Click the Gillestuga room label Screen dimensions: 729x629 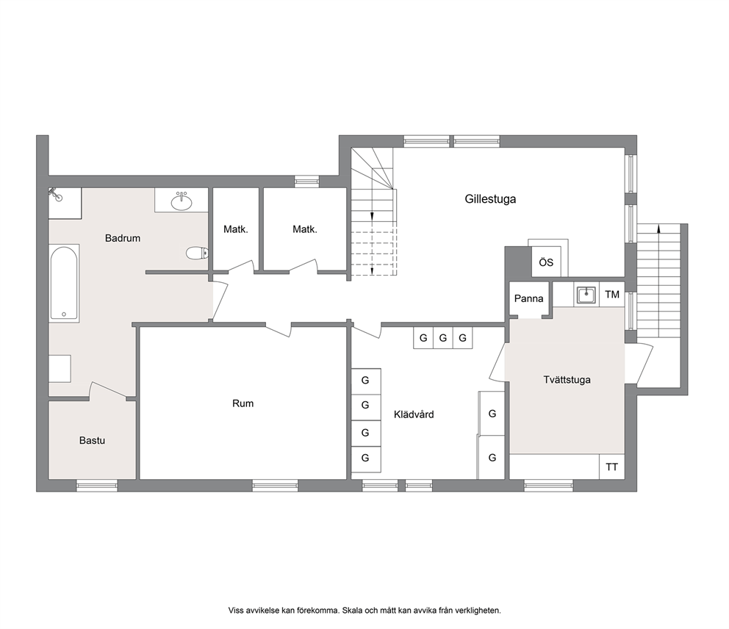(x=490, y=199)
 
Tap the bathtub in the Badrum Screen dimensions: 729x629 (x=64, y=283)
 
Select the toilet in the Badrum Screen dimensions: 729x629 (x=197, y=254)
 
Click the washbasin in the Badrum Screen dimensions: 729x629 (x=182, y=201)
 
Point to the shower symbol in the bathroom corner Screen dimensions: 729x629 (x=55, y=194)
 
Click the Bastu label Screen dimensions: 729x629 (x=92, y=440)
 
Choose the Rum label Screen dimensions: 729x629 (x=243, y=403)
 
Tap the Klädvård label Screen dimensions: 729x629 (x=413, y=414)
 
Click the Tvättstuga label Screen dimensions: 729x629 (x=567, y=379)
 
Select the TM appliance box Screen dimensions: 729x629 (x=612, y=294)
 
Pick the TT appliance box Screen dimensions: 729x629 (x=611, y=467)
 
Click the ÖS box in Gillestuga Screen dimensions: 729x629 (x=546, y=262)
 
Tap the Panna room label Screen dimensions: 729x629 (x=528, y=298)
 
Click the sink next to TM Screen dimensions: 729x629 (x=586, y=295)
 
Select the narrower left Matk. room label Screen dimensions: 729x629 (x=236, y=229)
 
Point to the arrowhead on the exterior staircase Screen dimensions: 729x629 (x=658, y=229)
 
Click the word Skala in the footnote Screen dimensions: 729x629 (x=353, y=611)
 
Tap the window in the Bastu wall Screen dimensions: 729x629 (x=97, y=486)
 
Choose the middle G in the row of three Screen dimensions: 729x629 (x=442, y=338)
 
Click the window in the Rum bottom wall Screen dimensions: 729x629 (x=275, y=486)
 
